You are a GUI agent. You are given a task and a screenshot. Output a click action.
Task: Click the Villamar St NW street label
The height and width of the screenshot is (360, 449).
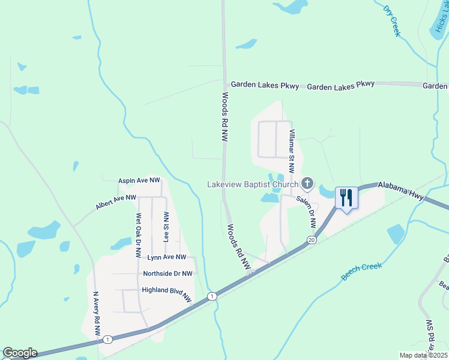point(292,152)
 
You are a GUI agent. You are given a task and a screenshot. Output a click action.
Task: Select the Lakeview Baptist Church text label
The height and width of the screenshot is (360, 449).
point(253,184)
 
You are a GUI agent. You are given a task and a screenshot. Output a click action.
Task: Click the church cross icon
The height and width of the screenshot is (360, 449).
point(307,183)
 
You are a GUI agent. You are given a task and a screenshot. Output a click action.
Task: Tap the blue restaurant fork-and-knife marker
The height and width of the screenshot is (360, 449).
point(346,197)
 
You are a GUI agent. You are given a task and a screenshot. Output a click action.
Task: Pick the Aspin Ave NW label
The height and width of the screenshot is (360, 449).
point(139,180)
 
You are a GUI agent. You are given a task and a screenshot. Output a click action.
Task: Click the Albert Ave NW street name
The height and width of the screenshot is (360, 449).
point(116,202)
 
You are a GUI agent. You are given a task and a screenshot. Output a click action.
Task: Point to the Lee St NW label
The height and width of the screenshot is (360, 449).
point(166,226)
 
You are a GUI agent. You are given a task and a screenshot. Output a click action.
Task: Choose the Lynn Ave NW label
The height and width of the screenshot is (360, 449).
point(167,257)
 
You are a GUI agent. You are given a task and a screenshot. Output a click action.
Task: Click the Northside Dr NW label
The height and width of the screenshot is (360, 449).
point(167,274)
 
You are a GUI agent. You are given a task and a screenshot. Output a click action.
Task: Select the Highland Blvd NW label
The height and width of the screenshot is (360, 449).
point(166,292)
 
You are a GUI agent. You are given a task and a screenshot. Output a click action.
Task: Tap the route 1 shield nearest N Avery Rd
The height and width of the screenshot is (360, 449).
point(107,340)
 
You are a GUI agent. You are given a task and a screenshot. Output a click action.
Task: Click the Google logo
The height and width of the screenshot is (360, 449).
point(20,353)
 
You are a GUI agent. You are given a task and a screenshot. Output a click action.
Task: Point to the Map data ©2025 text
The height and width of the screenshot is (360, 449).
point(423,355)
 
